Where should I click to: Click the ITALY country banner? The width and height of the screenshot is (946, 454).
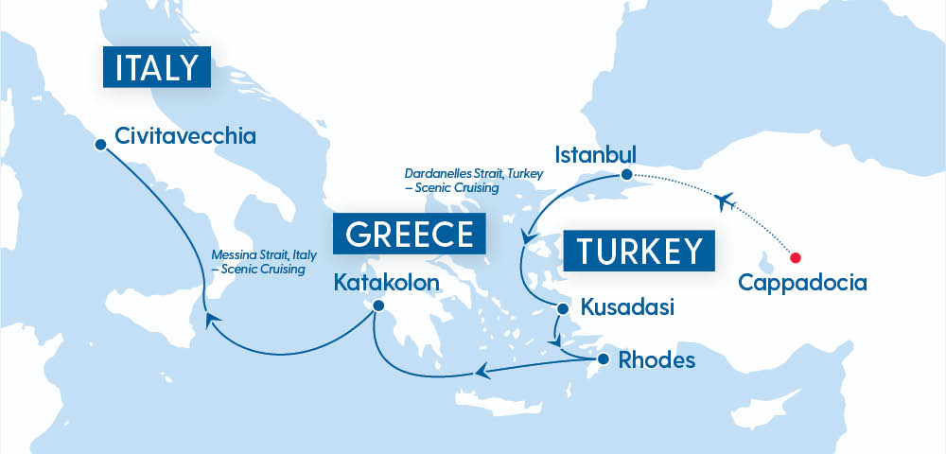click(x=156, y=68)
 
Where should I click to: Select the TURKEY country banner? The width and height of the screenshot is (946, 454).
click(x=639, y=252)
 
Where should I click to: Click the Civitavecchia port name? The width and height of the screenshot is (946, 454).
click(x=185, y=136)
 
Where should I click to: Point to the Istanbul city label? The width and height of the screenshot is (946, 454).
click(x=596, y=153)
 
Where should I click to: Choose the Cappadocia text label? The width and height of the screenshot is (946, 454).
click(x=802, y=282)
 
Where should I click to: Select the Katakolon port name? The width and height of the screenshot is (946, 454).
click(x=386, y=283)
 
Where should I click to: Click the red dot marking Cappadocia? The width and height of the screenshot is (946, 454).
click(x=796, y=257)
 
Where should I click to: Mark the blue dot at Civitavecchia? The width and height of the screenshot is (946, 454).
click(x=100, y=145)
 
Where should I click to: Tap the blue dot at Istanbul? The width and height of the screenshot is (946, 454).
click(x=625, y=175)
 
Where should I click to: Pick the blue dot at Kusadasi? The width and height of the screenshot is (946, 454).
click(x=562, y=308)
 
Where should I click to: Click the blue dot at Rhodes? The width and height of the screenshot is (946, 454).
click(x=603, y=359)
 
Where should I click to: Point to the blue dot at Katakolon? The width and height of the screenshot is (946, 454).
click(x=377, y=306)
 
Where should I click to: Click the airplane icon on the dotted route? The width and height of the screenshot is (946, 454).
click(x=726, y=201)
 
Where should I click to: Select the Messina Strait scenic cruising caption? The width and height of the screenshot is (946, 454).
click(x=260, y=262)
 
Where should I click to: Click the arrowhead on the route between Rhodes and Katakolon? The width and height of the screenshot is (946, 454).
click(x=482, y=372)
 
